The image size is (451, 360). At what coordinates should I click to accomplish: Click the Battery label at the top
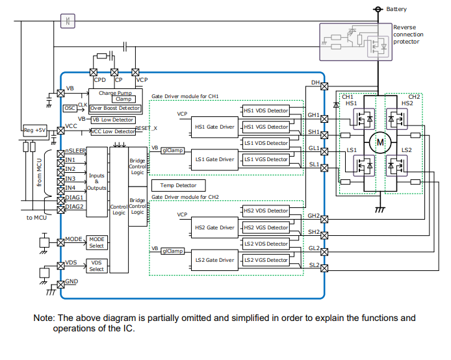(396, 9)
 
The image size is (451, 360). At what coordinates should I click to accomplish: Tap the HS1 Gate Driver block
(214, 127)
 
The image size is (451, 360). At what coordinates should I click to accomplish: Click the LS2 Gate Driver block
(214, 260)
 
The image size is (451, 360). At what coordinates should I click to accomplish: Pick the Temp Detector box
(178, 185)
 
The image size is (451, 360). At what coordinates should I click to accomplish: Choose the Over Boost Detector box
(115, 108)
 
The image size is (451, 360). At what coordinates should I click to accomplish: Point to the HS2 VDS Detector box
(265, 211)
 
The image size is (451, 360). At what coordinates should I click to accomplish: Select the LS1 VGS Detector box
(265, 159)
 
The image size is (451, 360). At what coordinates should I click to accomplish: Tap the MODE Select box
(96, 242)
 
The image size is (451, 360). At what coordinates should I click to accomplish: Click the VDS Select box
(96, 266)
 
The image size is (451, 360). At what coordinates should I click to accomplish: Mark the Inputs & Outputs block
(96, 182)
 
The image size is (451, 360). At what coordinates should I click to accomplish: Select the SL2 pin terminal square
(324, 268)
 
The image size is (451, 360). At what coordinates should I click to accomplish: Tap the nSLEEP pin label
(75, 151)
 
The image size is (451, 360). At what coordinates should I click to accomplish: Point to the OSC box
(70, 108)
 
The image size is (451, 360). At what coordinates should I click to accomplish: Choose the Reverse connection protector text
(409, 34)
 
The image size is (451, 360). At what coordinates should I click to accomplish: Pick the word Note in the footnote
(44, 318)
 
